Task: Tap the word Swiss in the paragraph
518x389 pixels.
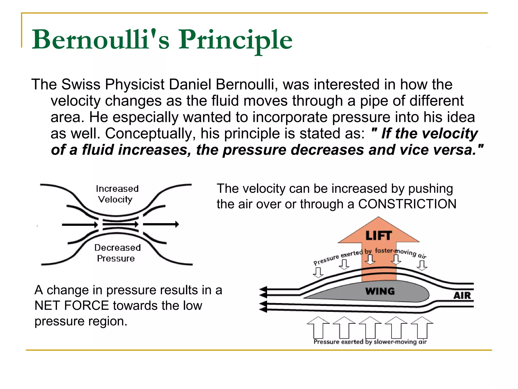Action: [81, 84]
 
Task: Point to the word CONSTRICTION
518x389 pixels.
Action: [407, 204]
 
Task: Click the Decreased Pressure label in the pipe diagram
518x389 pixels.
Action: [117, 253]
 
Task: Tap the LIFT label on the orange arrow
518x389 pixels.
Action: [379, 236]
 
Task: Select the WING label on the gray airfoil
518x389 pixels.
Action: [380, 291]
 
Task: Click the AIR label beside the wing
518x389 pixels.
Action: [462, 296]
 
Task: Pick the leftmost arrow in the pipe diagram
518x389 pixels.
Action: [80, 224]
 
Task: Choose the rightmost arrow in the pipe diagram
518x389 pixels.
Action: [161, 224]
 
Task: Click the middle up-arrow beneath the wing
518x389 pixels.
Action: [370, 327]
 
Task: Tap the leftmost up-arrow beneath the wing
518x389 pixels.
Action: [318, 327]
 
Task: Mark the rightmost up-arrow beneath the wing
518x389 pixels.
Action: [422, 327]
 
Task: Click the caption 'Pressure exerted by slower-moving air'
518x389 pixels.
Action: [370, 342]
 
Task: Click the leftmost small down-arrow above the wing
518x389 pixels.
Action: [318, 273]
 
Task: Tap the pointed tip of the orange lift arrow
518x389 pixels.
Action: [378, 218]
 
